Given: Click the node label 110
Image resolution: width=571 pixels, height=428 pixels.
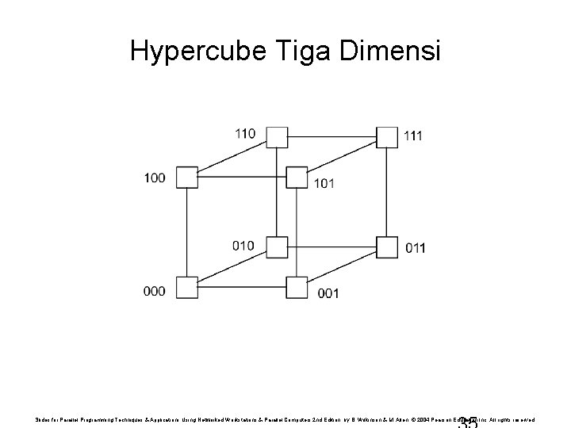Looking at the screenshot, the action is (245, 133).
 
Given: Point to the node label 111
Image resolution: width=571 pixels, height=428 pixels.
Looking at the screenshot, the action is (412, 136).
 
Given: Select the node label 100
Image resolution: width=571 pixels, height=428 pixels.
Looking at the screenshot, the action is (155, 178).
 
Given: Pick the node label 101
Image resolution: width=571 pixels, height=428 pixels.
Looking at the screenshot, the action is (324, 184).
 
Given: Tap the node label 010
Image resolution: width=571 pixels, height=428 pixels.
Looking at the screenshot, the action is (243, 245).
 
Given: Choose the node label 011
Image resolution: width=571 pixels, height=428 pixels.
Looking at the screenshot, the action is (415, 248).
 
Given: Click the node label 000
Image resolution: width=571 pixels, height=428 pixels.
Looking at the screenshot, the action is (155, 291).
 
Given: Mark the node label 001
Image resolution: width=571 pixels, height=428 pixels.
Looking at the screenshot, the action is (328, 293).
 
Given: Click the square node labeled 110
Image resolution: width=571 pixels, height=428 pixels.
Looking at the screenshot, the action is (276, 136).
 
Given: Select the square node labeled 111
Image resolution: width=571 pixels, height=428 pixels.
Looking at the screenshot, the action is (386, 136).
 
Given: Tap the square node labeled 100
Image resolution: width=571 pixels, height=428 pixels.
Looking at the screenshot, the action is (186, 177).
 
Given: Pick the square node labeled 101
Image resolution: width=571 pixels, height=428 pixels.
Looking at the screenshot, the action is (297, 177).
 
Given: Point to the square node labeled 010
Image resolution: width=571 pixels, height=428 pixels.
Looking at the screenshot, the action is (276, 247).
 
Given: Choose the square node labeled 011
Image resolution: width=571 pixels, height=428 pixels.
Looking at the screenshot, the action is (386, 247).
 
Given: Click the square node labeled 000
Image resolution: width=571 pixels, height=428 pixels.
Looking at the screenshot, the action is (186, 287).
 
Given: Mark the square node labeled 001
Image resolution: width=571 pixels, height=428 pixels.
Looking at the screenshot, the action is (297, 287).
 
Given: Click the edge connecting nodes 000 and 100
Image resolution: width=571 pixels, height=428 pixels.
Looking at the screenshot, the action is (186, 232).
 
